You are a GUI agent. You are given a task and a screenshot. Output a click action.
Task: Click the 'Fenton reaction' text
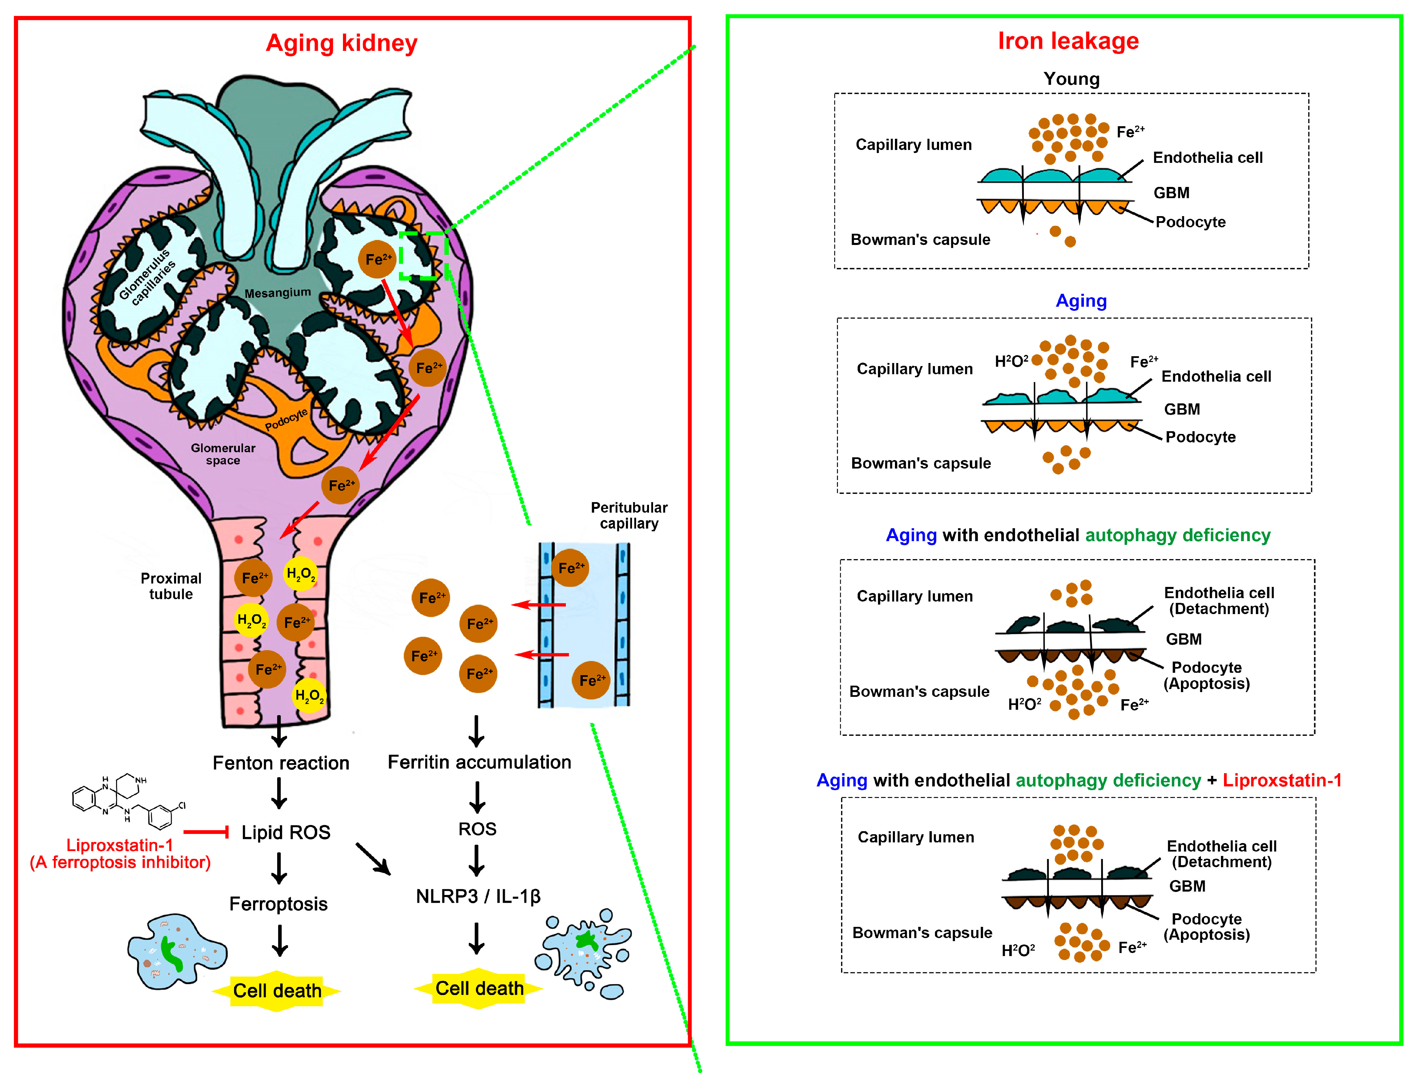[281, 763]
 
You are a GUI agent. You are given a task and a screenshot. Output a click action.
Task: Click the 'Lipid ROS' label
[285, 832]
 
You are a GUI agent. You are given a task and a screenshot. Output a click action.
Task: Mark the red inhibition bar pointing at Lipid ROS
[206, 832]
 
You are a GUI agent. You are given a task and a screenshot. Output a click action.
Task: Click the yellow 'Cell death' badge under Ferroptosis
[277, 991]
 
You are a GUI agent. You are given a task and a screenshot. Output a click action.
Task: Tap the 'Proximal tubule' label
[171, 586]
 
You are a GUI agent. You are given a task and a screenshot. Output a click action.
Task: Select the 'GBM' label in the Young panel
[1171, 193]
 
